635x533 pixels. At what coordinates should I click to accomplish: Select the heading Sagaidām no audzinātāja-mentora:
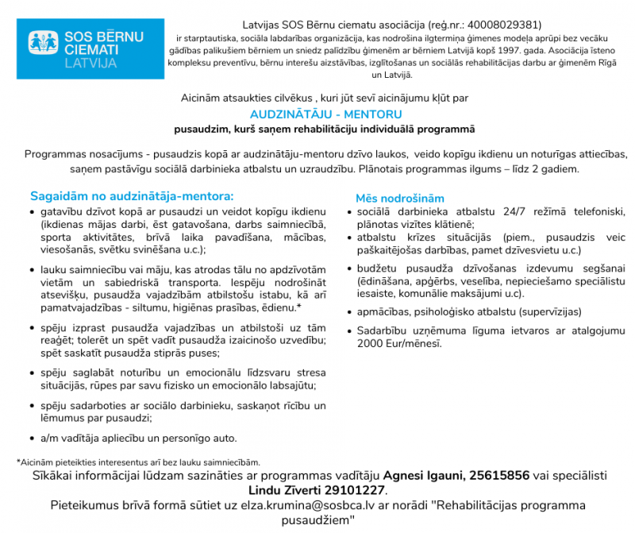pos(132,195)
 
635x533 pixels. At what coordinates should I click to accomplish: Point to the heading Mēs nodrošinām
pos(400,198)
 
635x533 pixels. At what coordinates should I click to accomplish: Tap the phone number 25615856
pos(499,476)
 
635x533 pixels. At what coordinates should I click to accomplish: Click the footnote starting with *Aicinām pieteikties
pos(138,462)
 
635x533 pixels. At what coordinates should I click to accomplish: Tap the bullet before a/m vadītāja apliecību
pos(32,438)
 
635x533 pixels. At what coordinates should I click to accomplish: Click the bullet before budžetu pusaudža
pos(350,268)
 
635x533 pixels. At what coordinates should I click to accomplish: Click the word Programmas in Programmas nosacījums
pos(56,154)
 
